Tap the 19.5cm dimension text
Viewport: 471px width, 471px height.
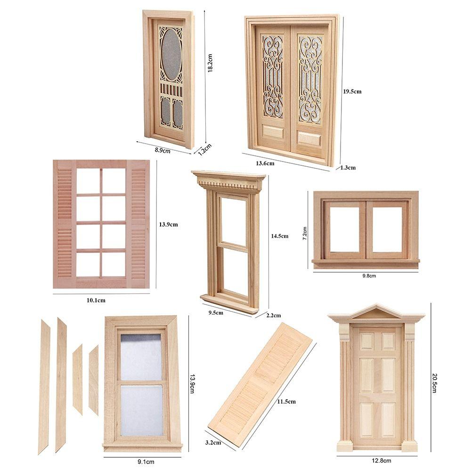[x=352, y=91]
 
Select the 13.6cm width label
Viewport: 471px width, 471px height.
[x=265, y=163]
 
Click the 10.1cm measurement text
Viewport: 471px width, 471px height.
[x=95, y=300]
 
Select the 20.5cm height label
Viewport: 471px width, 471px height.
[x=434, y=383]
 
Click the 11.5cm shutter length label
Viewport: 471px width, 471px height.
[x=286, y=401]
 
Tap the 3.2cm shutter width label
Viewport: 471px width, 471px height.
[x=213, y=443]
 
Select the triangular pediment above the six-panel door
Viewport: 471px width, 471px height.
[x=376, y=312]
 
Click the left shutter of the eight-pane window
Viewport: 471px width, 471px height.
[x=65, y=224]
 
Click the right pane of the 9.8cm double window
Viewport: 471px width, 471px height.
[x=387, y=229]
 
